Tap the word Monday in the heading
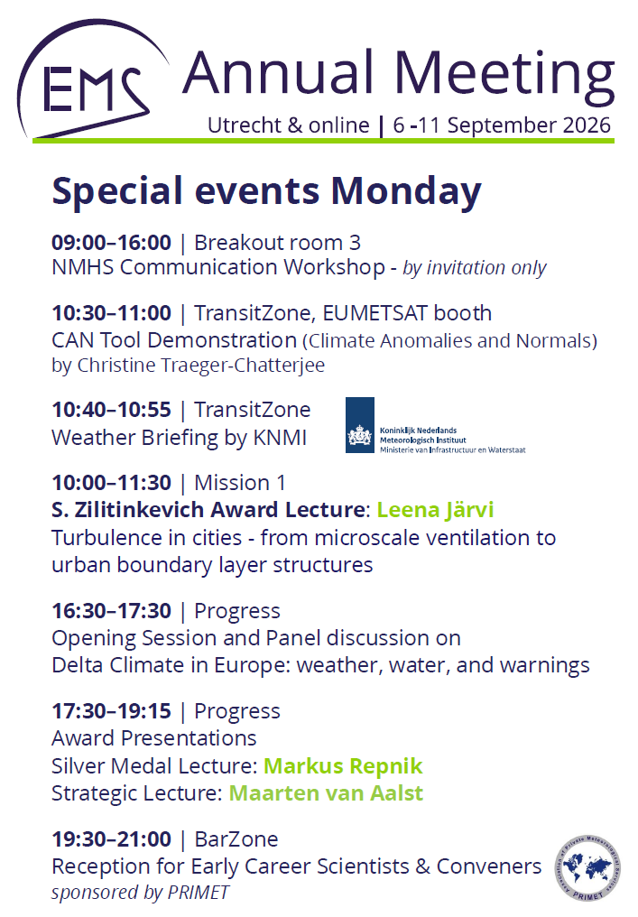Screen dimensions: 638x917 pos(406,192)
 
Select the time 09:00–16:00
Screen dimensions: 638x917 pos(111,242)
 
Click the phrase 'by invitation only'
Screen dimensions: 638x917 pos(475,268)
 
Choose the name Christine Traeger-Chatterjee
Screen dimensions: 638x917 pos(200,365)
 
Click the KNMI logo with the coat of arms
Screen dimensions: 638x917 pos(435,425)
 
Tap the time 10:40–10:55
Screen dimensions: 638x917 pos(111,410)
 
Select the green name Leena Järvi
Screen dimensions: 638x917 pos(435,510)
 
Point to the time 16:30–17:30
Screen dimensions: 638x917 pos(111,610)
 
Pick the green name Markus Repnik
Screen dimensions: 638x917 pos(343,766)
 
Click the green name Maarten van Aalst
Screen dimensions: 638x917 pos(326,793)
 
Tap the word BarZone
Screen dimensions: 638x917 pos(236,839)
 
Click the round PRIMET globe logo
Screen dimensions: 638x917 pos(587,868)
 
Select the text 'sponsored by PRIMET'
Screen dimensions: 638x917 pos(141,893)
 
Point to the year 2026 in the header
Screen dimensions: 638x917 pos(587,125)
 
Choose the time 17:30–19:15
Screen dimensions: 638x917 pos(111,711)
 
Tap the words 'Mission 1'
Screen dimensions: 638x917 pos(240,483)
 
